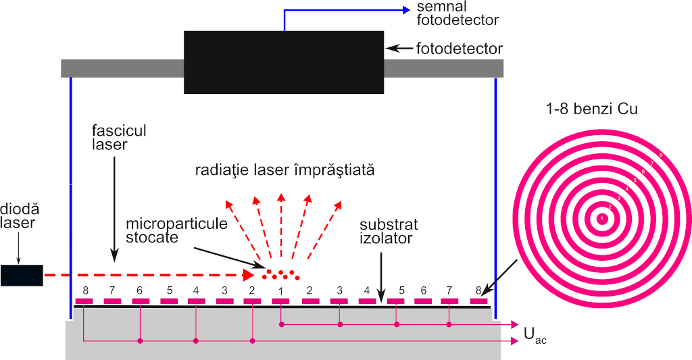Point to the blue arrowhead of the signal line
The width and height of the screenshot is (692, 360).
click(405, 9)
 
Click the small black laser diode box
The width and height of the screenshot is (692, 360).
click(22, 275)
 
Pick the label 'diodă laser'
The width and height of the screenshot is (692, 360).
click(18, 214)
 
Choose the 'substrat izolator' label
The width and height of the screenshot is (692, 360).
click(389, 231)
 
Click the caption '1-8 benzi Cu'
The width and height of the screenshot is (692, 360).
click(593, 109)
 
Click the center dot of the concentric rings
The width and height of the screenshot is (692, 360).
click(601, 218)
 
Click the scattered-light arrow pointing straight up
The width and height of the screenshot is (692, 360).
click(281, 197)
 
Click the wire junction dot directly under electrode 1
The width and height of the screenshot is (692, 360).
click(281, 325)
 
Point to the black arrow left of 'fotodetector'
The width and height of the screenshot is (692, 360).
click(399, 49)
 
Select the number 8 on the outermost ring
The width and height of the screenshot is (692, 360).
click(660, 156)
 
